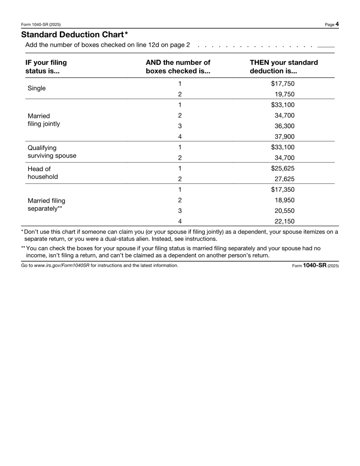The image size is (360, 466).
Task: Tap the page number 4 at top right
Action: coord(337,24)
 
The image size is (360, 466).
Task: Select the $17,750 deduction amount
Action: coord(283,83)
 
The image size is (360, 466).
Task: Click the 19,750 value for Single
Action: coord(284,94)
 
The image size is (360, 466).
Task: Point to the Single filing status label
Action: coord(36,88)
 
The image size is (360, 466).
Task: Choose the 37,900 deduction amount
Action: coord(284,136)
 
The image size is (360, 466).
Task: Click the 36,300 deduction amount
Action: coord(284,126)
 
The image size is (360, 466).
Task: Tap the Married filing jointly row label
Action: coord(43,120)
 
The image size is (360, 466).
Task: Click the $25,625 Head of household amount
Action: coord(283,168)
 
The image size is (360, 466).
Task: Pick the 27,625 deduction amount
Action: coord(284,179)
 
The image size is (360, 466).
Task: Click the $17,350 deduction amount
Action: coord(283,189)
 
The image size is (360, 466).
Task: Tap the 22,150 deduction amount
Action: coord(284,221)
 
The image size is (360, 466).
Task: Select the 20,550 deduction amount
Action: coord(284,210)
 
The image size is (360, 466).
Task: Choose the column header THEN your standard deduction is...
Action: coord(283,67)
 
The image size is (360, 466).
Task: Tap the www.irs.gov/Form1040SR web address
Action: coord(62,266)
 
